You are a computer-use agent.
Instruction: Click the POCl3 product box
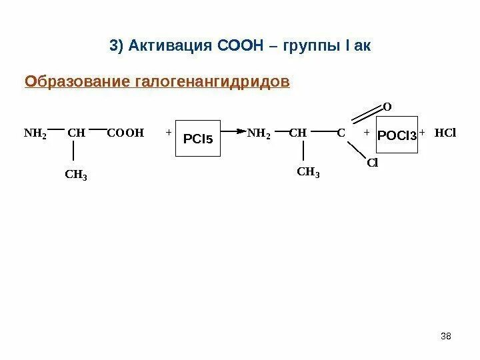click(397, 135)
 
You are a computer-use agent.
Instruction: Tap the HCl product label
click(445, 133)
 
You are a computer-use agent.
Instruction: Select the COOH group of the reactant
click(125, 133)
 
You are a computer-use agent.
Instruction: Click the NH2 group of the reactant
click(35, 133)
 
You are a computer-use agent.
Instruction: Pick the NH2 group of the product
click(259, 133)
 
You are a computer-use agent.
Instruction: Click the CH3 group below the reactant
click(77, 175)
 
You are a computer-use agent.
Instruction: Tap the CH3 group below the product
click(308, 174)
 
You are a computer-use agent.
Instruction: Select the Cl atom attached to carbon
click(371, 163)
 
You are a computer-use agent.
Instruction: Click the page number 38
click(446, 335)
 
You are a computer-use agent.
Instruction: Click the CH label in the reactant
click(76, 133)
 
